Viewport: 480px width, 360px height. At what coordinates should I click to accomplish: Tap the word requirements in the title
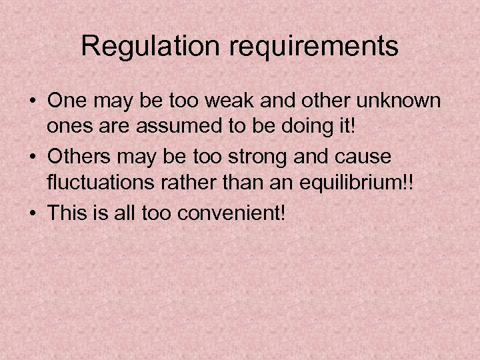tap(307, 47)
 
